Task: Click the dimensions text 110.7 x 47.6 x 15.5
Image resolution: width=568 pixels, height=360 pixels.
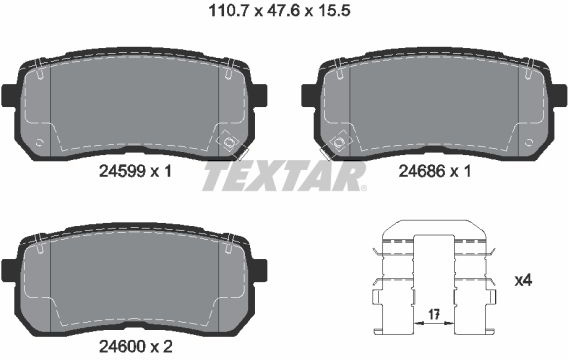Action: pos(279,11)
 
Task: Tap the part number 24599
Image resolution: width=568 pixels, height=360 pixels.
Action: pos(122,171)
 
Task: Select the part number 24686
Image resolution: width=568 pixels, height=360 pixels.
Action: pos(422,171)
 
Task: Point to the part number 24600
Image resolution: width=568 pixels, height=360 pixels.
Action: pos(122,347)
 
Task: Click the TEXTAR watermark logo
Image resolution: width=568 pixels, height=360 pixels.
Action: pos(284,176)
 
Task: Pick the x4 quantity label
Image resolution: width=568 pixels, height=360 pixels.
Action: pos(523,280)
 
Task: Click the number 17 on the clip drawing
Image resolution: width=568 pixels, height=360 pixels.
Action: pos(434,314)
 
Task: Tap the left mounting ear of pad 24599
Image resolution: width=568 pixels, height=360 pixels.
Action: pos(9,96)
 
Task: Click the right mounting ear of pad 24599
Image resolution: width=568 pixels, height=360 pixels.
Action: pos(260,96)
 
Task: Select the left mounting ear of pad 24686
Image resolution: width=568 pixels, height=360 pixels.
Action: pos(309,96)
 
